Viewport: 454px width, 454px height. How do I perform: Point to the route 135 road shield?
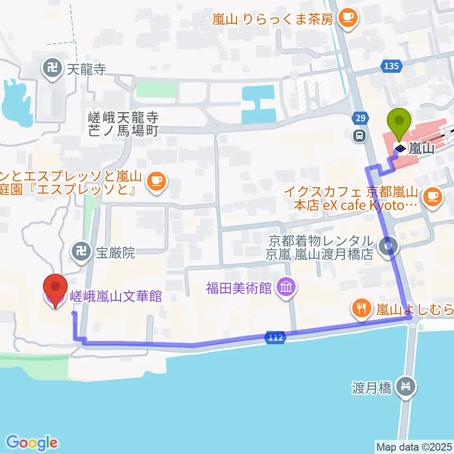coord(392,67)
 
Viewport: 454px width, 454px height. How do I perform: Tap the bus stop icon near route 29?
coord(360,136)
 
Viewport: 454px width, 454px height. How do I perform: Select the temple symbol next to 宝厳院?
coord(82,252)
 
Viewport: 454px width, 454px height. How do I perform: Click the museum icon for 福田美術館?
coord(287,287)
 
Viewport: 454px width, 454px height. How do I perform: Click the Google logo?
coord(32,442)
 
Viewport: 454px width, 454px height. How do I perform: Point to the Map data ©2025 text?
coord(414,446)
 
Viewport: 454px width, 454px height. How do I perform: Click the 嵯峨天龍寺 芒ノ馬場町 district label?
coord(124,124)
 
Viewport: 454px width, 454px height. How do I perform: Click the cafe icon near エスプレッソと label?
coord(157,180)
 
